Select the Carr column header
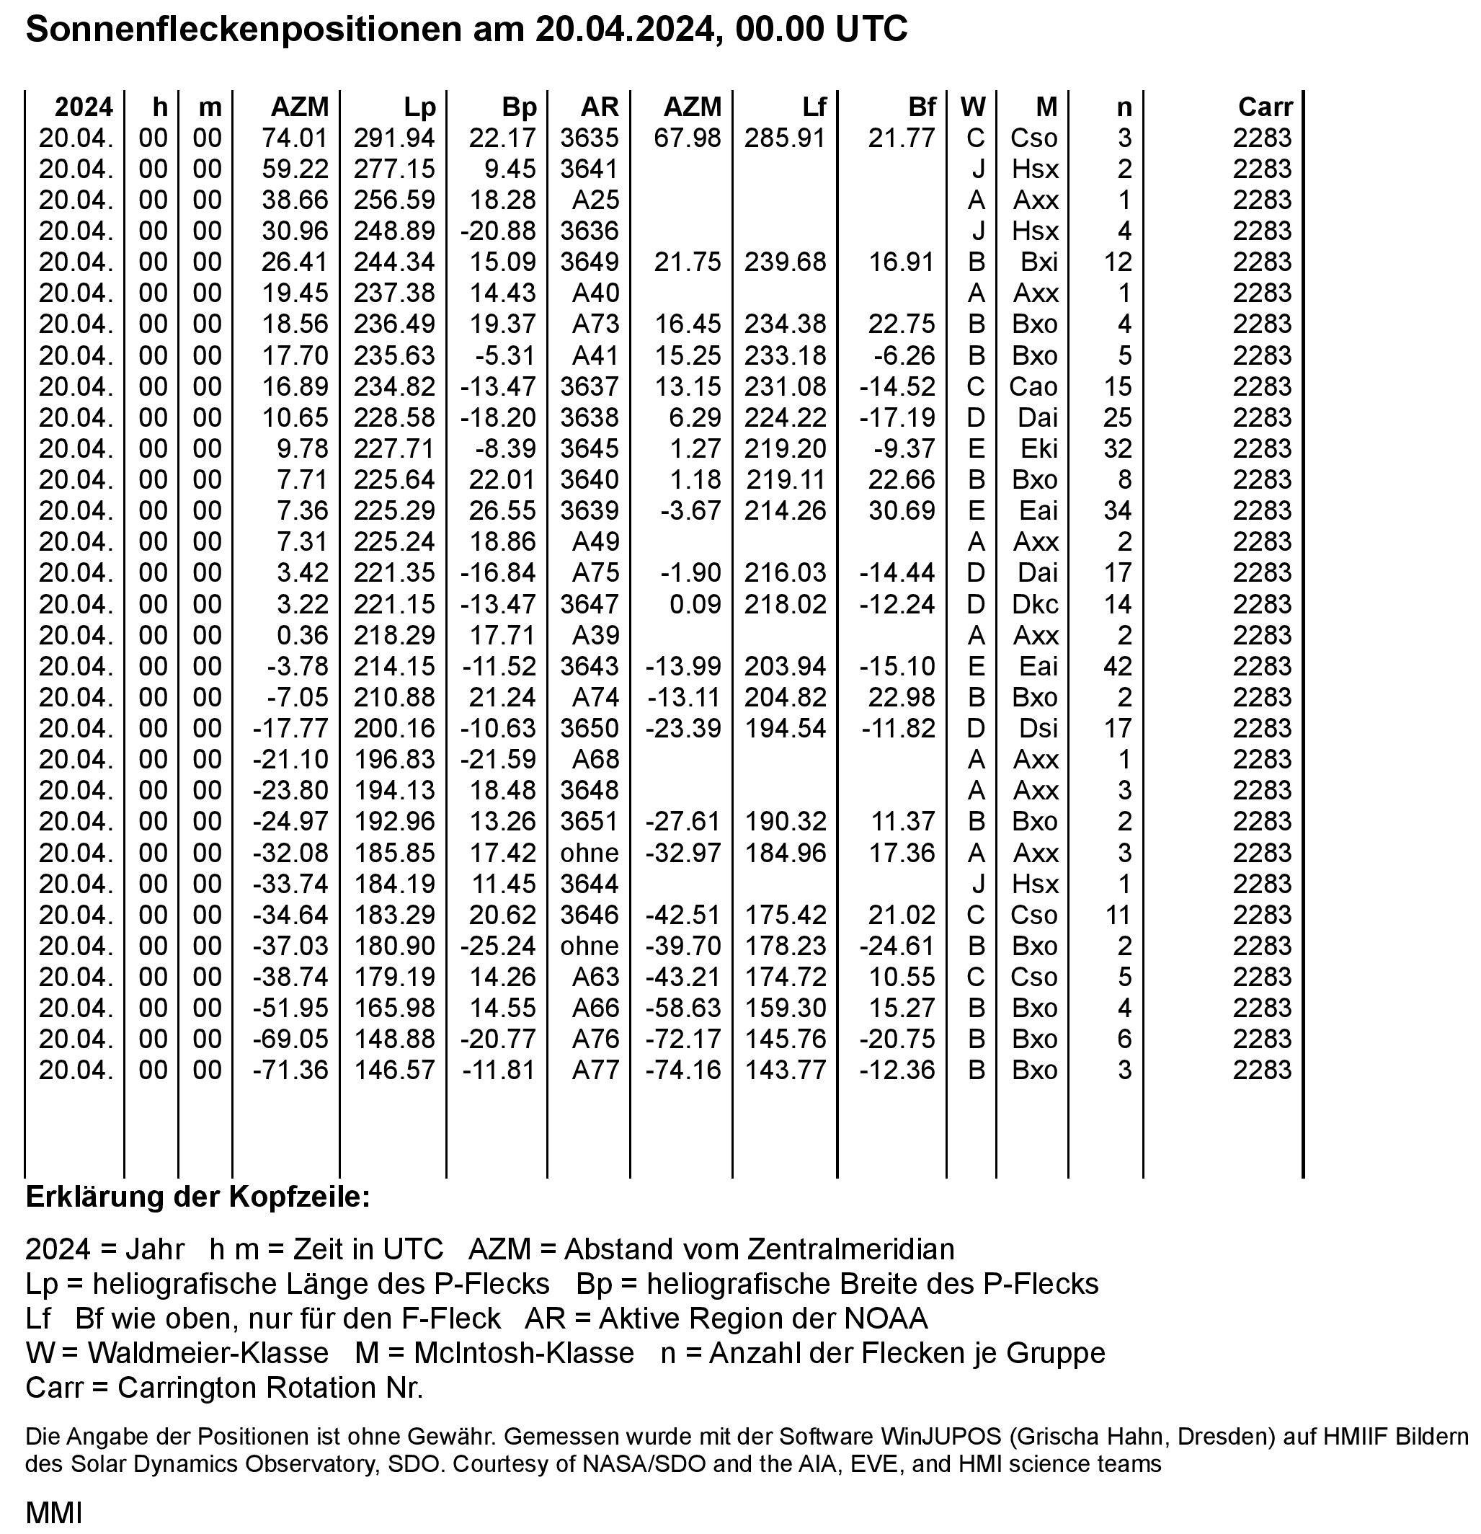[x=1265, y=107]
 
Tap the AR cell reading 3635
[x=589, y=138]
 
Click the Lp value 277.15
[x=394, y=169]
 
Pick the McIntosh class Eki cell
[x=1039, y=448]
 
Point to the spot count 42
[x=1117, y=666]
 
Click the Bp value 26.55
[x=502, y=510]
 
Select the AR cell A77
[x=595, y=1070]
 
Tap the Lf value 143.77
[x=785, y=1070]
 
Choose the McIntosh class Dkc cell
[x=1036, y=604]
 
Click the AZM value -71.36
[x=290, y=1070]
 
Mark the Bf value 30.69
[x=902, y=510]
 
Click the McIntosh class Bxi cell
[x=1039, y=262]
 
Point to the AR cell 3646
[x=589, y=914]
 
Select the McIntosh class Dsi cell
[x=1037, y=729]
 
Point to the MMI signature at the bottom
[x=53, y=1513]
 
